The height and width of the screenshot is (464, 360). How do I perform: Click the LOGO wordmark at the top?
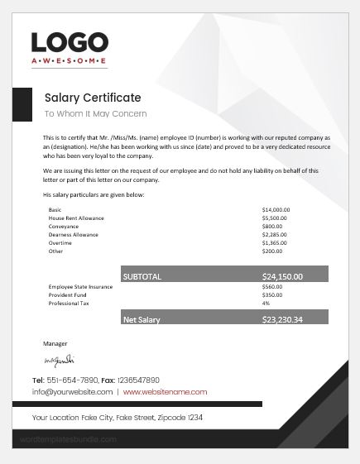pyautogui.click(x=70, y=43)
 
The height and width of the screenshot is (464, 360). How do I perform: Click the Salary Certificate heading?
pyautogui.click(x=93, y=98)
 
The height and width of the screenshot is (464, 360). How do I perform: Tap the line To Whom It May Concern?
pyautogui.click(x=95, y=114)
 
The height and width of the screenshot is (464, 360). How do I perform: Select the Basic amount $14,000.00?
pyautogui.click(x=276, y=210)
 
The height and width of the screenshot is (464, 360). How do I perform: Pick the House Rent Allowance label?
pyautogui.click(x=76, y=218)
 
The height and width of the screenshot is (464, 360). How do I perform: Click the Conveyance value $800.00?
pyautogui.click(x=272, y=226)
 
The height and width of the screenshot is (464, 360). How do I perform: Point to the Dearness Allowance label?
pyautogui.click(x=74, y=234)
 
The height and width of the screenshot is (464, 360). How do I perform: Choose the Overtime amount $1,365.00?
pyautogui.click(x=275, y=242)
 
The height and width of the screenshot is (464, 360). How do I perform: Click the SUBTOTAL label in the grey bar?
pyautogui.click(x=142, y=276)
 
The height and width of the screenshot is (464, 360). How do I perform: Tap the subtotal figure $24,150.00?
pyautogui.click(x=282, y=276)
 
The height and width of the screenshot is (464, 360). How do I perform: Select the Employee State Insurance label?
pyautogui.click(x=81, y=287)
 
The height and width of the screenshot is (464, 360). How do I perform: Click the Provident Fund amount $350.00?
pyautogui.click(x=272, y=295)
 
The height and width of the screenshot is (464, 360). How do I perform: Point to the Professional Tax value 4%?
pyautogui.click(x=266, y=304)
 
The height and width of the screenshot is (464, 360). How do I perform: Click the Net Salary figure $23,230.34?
pyautogui.click(x=282, y=318)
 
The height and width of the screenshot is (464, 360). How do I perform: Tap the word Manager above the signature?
pyautogui.click(x=55, y=342)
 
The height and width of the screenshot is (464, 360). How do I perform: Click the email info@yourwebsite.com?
pyautogui.click(x=72, y=391)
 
